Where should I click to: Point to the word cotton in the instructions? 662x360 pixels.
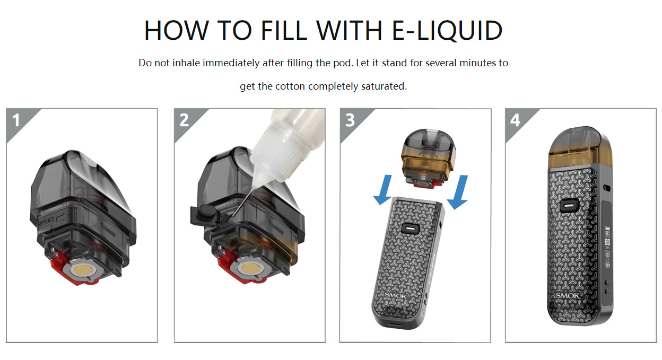click(x=290, y=86)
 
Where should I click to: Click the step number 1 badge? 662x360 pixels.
click(x=16, y=120)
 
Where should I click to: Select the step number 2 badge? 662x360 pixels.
click(x=184, y=120)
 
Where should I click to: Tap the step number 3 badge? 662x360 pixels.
click(x=350, y=120)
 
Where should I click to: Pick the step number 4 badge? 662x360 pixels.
click(x=515, y=120)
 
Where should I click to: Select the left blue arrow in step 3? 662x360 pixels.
click(x=384, y=190)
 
